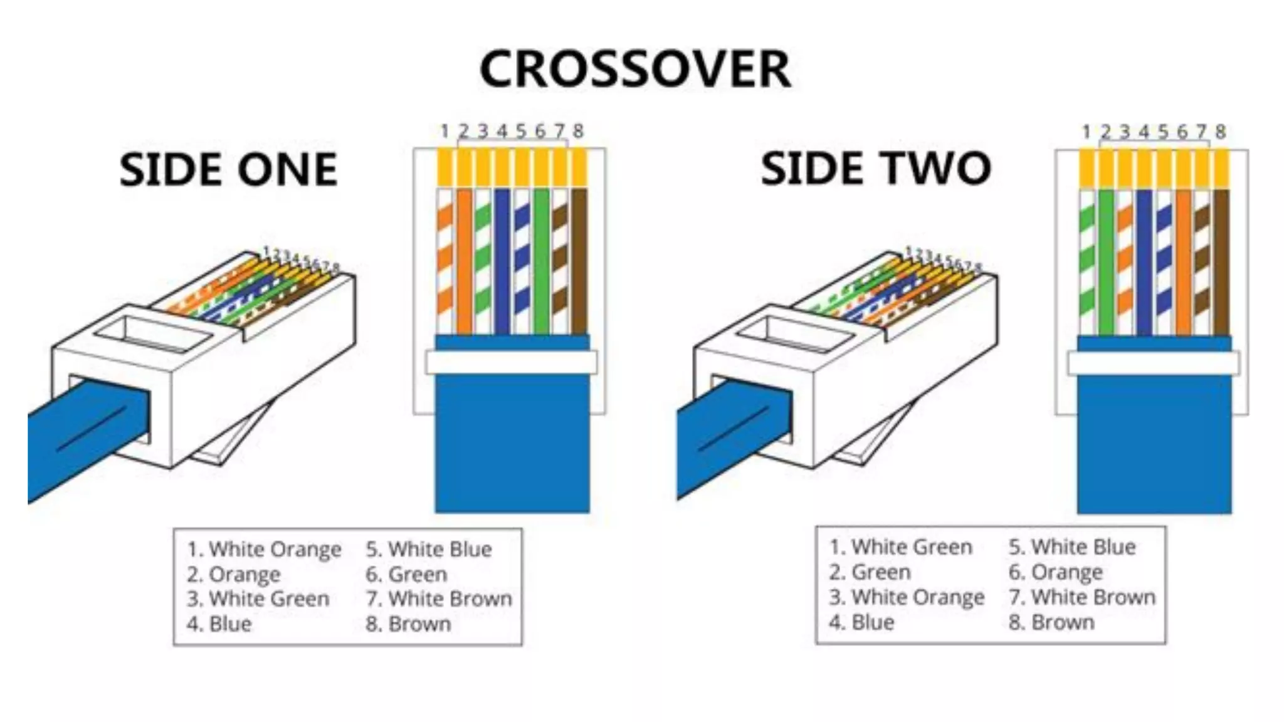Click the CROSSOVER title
click(634, 69)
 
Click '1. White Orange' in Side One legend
click(264, 549)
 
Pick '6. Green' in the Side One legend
click(406, 574)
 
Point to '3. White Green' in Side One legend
click(258, 599)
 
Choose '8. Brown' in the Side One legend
click(408, 624)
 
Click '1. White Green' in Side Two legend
click(900, 547)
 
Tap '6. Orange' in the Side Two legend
click(1055, 572)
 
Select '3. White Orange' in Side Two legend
click(907, 597)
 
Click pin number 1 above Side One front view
click(445, 132)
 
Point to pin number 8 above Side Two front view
click(1220, 132)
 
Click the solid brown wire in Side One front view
click(579, 260)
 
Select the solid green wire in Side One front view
click(541, 260)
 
